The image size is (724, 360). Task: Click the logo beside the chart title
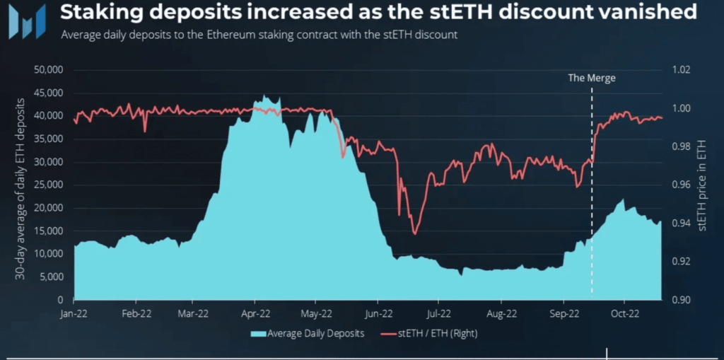(x=26, y=21)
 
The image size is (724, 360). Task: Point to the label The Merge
(x=592, y=79)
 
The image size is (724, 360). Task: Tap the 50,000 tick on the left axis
(x=49, y=70)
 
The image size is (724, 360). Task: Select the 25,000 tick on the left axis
(x=49, y=185)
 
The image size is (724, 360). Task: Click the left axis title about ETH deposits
(x=21, y=185)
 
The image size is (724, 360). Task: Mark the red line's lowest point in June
(x=414, y=234)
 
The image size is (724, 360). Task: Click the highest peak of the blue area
(x=264, y=95)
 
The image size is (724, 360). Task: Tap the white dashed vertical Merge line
(x=592, y=212)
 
